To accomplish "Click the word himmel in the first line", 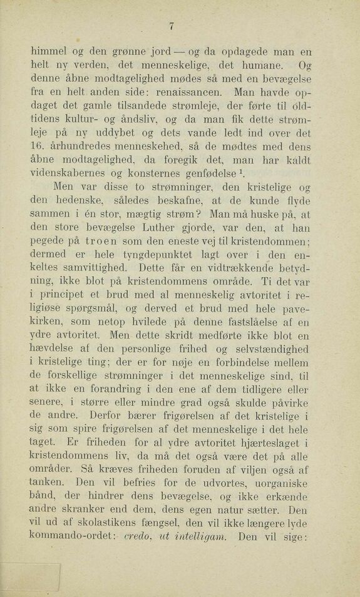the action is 53,51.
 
